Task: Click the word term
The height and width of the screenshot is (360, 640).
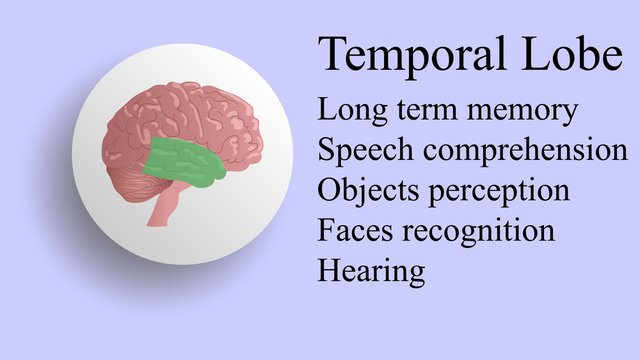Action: point(422,111)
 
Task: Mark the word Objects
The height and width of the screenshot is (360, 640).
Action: point(364,191)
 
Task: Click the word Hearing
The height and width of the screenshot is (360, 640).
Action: point(371,270)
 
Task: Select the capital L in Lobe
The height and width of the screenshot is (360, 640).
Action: point(546,54)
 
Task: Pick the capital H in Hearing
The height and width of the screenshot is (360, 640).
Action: point(328,268)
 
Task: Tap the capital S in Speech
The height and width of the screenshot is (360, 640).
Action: point(326,150)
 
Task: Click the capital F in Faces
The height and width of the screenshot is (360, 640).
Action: point(326,230)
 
